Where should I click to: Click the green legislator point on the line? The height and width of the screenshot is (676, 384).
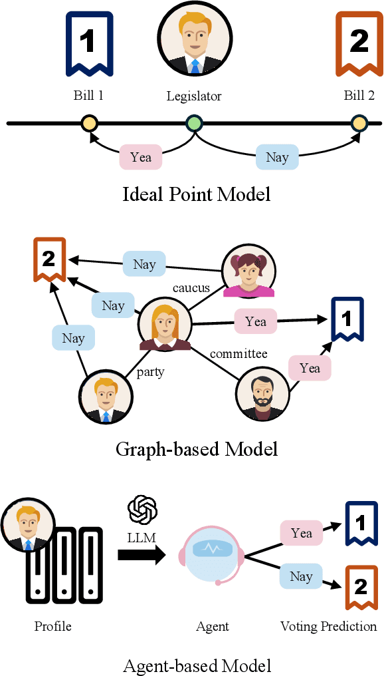[x=194, y=123]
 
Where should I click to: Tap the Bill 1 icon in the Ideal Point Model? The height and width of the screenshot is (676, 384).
[x=88, y=43]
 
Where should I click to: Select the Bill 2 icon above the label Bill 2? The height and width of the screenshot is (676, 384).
[x=359, y=43]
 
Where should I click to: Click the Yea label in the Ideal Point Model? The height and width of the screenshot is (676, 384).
[x=141, y=157]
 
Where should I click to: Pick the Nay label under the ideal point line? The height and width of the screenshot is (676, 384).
[x=277, y=157]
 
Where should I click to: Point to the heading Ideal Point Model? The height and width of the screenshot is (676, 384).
[x=197, y=194]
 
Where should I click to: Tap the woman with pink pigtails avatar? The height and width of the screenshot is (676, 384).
[x=248, y=271]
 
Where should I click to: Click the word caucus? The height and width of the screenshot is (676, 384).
[x=191, y=288]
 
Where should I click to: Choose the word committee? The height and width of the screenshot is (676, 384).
[x=239, y=353]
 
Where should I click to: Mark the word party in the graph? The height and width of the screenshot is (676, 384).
[x=150, y=372]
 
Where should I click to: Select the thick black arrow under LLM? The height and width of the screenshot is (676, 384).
[x=142, y=552]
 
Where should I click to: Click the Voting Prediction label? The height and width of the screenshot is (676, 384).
[x=328, y=626]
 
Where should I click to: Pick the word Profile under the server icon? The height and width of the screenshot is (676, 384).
[x=52, y=626]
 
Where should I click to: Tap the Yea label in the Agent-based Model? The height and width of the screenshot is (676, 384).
[x=302, y=533]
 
